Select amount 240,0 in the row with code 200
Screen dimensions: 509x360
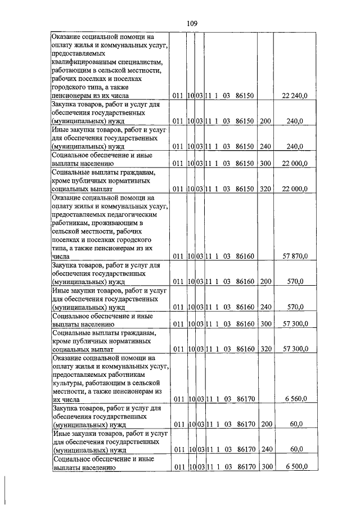(295, 121)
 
